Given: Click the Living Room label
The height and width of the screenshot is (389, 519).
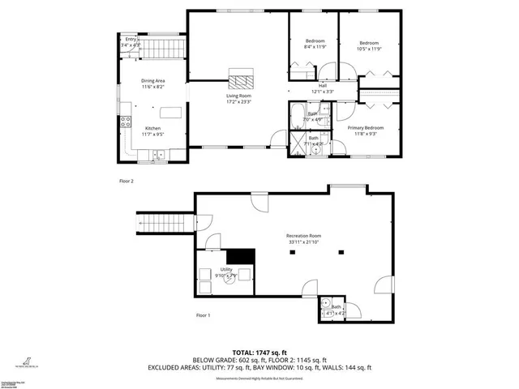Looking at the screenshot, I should click(238, 99).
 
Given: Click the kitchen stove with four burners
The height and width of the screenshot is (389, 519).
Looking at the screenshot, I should click(126, 123).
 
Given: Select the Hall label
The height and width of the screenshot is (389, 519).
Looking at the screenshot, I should click(322, 88).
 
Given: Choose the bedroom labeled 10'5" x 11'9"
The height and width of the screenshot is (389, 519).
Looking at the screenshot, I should click(369, 45).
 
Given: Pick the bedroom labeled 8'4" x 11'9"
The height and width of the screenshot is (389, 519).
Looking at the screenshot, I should click(315, 44).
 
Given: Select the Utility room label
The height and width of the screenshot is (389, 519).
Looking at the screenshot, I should click(226, 271).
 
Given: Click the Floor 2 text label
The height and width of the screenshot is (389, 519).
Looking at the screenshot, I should click(126, 181).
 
